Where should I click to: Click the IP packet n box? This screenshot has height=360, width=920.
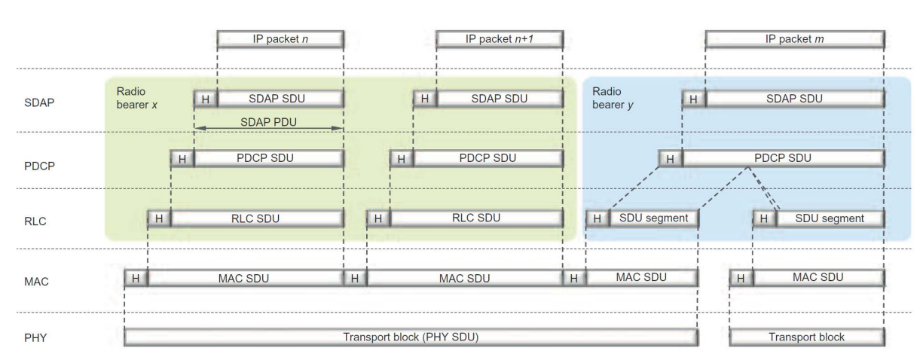click(280, 38)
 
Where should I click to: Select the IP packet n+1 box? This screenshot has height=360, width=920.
click(500, 38)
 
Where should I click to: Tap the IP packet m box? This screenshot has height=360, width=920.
click(795, 38)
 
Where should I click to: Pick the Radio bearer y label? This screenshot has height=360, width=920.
click(611, 96)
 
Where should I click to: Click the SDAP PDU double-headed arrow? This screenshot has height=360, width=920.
click(269, 129)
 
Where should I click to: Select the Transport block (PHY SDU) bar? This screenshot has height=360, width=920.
click(411, 337)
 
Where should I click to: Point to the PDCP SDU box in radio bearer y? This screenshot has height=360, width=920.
click(783, 158)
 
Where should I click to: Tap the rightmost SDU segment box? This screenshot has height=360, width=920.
click(830, 218)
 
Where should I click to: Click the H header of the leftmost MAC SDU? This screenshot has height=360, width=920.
click(136, 278)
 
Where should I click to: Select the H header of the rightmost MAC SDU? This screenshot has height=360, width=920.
click(741, 278)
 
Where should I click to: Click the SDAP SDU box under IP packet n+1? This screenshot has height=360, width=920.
click(500, 99)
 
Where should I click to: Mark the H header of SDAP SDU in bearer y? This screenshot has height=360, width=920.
click(694, 99)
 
